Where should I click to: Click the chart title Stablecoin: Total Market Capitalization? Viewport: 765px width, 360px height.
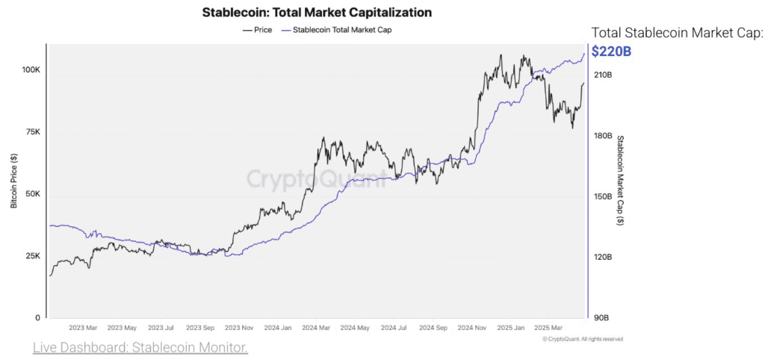[x=317, y=12]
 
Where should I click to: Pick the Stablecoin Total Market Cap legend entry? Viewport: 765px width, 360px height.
[x=337, y=30]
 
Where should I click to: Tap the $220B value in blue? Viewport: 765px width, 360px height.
[x=611, y=51]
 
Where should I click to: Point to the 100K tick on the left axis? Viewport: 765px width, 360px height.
[x=31, y=70]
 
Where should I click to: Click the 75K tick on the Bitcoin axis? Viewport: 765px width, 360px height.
[x=34, y=132]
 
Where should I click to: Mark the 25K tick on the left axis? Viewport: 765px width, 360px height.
[x=34, y=256]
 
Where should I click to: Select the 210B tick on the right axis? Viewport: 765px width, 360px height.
[x=602, y=75]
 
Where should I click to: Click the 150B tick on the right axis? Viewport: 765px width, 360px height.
[x=602, y=196]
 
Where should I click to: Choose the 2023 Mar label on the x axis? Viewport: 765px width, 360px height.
[x=82, y=328]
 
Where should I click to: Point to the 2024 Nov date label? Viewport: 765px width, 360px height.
[x=473, y=328]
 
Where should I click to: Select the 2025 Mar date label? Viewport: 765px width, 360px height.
[x=549, y=328]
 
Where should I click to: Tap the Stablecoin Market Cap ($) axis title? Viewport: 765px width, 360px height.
[x=621, y=180]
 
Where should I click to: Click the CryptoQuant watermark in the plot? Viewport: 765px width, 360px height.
[x=317, y=179]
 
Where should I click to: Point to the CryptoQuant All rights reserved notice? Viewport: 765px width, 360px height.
[x=583, y=339]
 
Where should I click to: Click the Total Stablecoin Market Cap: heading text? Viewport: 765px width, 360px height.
[x=677, y=33]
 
